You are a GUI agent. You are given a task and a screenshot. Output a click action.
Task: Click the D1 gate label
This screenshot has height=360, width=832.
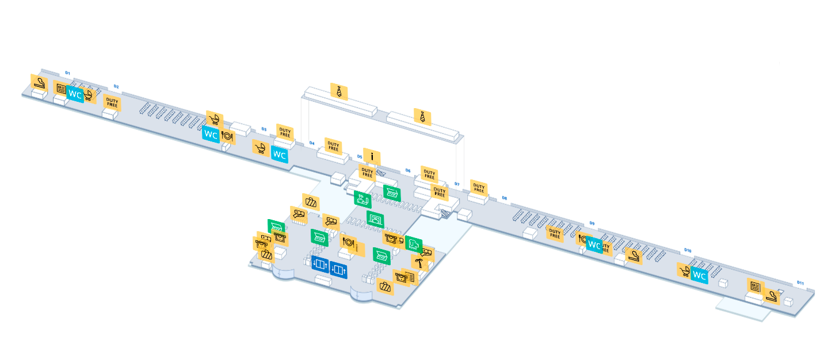(x=67, y=72)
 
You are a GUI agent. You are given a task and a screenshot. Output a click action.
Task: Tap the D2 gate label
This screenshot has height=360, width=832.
(x=116, y=86)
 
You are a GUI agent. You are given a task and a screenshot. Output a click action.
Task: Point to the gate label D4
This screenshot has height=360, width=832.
(x=312, y=143)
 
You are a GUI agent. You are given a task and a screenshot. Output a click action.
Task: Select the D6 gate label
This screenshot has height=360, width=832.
(x=408, y=170)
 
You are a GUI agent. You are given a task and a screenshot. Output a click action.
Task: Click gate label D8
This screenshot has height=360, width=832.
(x=505, y=198)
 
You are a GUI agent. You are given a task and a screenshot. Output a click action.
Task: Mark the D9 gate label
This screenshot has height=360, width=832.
(x=591, y=223)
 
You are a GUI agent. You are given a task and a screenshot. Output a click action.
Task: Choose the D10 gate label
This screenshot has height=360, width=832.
(x=688, y=251)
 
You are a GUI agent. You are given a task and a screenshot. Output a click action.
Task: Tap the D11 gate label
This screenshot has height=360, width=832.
(x=800, y=282)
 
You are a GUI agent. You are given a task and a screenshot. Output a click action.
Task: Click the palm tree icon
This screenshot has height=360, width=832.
(x=419, y=263)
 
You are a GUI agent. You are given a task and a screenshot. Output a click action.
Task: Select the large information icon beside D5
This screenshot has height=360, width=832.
(x=372, y=156)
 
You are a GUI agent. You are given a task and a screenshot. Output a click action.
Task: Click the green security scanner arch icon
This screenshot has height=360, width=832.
(x=375, y=219)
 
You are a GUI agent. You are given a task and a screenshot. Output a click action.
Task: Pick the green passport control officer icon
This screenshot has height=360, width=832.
(x=362, y=199)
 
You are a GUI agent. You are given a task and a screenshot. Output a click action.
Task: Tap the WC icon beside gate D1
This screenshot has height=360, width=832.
(x=75, y=93)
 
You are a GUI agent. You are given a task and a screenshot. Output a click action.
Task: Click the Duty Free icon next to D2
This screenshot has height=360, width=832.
(x=112, y=104)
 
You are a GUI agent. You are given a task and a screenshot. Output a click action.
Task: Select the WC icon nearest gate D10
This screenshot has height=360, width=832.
(x=699, y=276)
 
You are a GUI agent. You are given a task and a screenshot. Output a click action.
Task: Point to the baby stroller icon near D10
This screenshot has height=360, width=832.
(x=685, y=271)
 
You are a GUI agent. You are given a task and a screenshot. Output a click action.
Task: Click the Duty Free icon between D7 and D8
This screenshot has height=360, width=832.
(x=479, y=187)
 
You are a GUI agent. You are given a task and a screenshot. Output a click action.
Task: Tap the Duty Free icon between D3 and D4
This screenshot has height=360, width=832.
(x=285, y=132)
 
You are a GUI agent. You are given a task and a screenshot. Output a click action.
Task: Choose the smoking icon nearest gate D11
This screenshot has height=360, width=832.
(x=772, y=297)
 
